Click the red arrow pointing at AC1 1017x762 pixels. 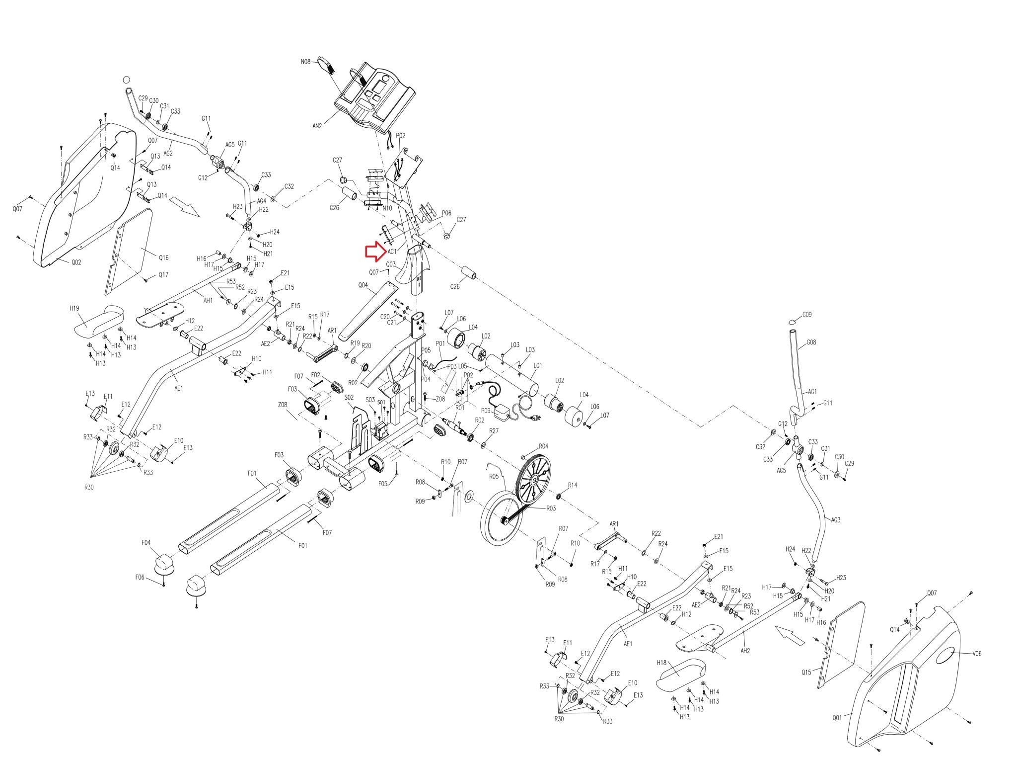tap(374, 252)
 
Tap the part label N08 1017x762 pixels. tap(305, 62)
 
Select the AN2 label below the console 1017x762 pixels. tap(317, 126)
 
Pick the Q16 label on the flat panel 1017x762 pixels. tap(163, 257)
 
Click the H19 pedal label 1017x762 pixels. tap(74, 308)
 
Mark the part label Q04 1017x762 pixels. tap(363, 285)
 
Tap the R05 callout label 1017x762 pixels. tap(494, 476)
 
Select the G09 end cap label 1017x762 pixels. tap(807, 315)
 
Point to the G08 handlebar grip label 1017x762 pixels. tap(811, 342)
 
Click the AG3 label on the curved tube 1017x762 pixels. tap(836, 520)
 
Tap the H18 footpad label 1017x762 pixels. tap(661, 663)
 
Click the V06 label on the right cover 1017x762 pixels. tap(976, 654)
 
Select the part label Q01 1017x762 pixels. tap(837, 717)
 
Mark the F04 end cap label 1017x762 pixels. tap(146, 543)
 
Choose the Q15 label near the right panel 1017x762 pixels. tap(806, 673)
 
